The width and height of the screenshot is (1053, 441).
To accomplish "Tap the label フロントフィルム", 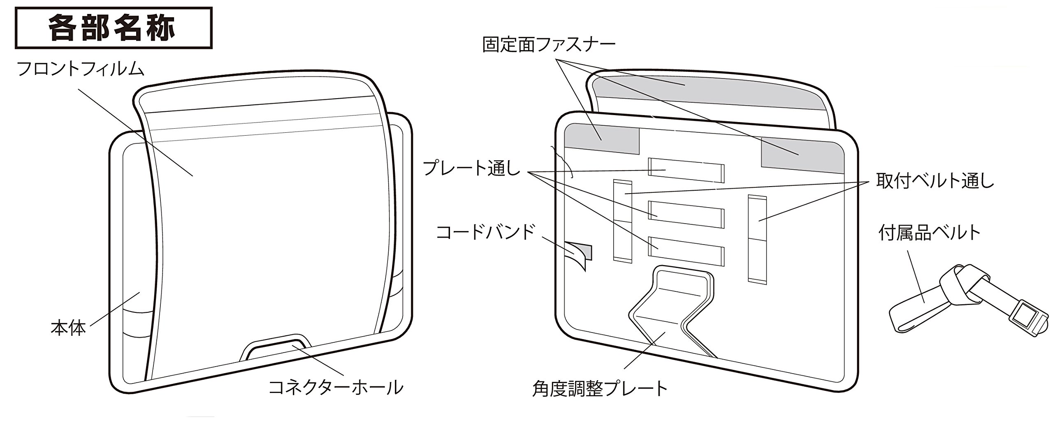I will pyautogui.click(x=80, y=69).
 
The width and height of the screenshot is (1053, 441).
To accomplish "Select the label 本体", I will pyautogui.click(x=68, y=329).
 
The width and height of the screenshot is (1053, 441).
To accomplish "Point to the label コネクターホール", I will pyautogui.click(x=335, y=387).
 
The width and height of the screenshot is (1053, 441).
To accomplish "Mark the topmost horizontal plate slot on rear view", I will pyautogui.click(x=686, y=170).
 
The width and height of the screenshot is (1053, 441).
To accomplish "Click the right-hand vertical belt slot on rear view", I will pyautogui.click(x=757, y=238).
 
